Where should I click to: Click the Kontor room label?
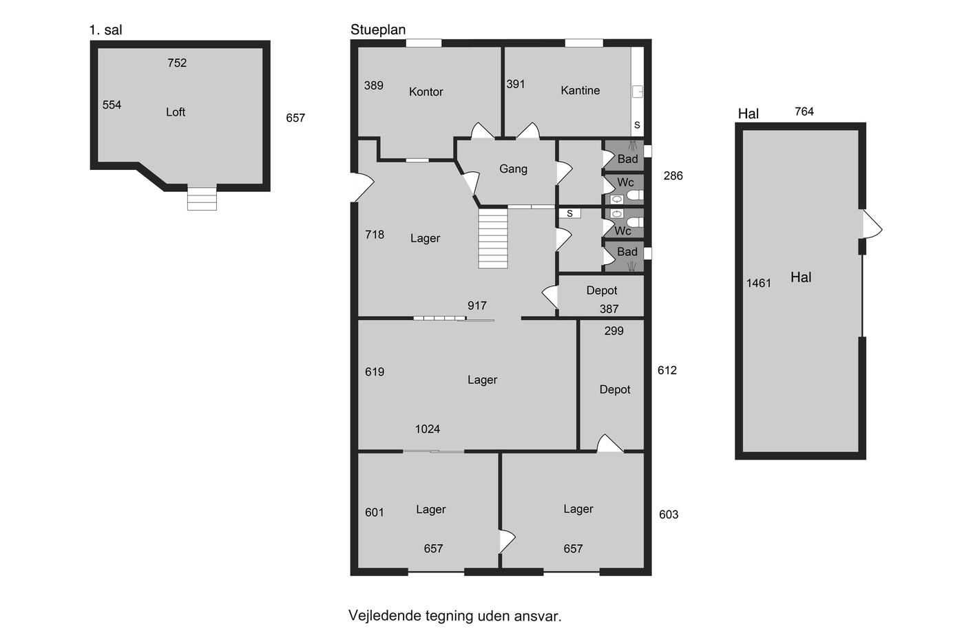(426, 92)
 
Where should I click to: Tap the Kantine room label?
(580, 90)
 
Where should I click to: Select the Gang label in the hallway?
(513, 169)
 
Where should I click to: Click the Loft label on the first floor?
(176, 111)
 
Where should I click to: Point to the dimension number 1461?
(758, 283)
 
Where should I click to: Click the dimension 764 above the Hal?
(804, 111)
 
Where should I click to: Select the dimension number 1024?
(428, 429)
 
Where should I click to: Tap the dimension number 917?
(476, 306)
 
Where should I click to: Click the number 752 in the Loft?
(177, 63)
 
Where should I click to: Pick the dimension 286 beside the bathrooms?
(673, 175)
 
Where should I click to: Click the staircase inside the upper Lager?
(493, 238)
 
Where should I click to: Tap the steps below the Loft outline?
(202, 198)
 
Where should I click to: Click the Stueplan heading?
(378, 30)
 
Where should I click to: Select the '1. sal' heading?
(105, 30)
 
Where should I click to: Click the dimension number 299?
(614, 331)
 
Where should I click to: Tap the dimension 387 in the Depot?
(609, 309)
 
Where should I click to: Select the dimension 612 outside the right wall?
(667, 370)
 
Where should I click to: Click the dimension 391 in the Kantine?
(516, 84)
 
